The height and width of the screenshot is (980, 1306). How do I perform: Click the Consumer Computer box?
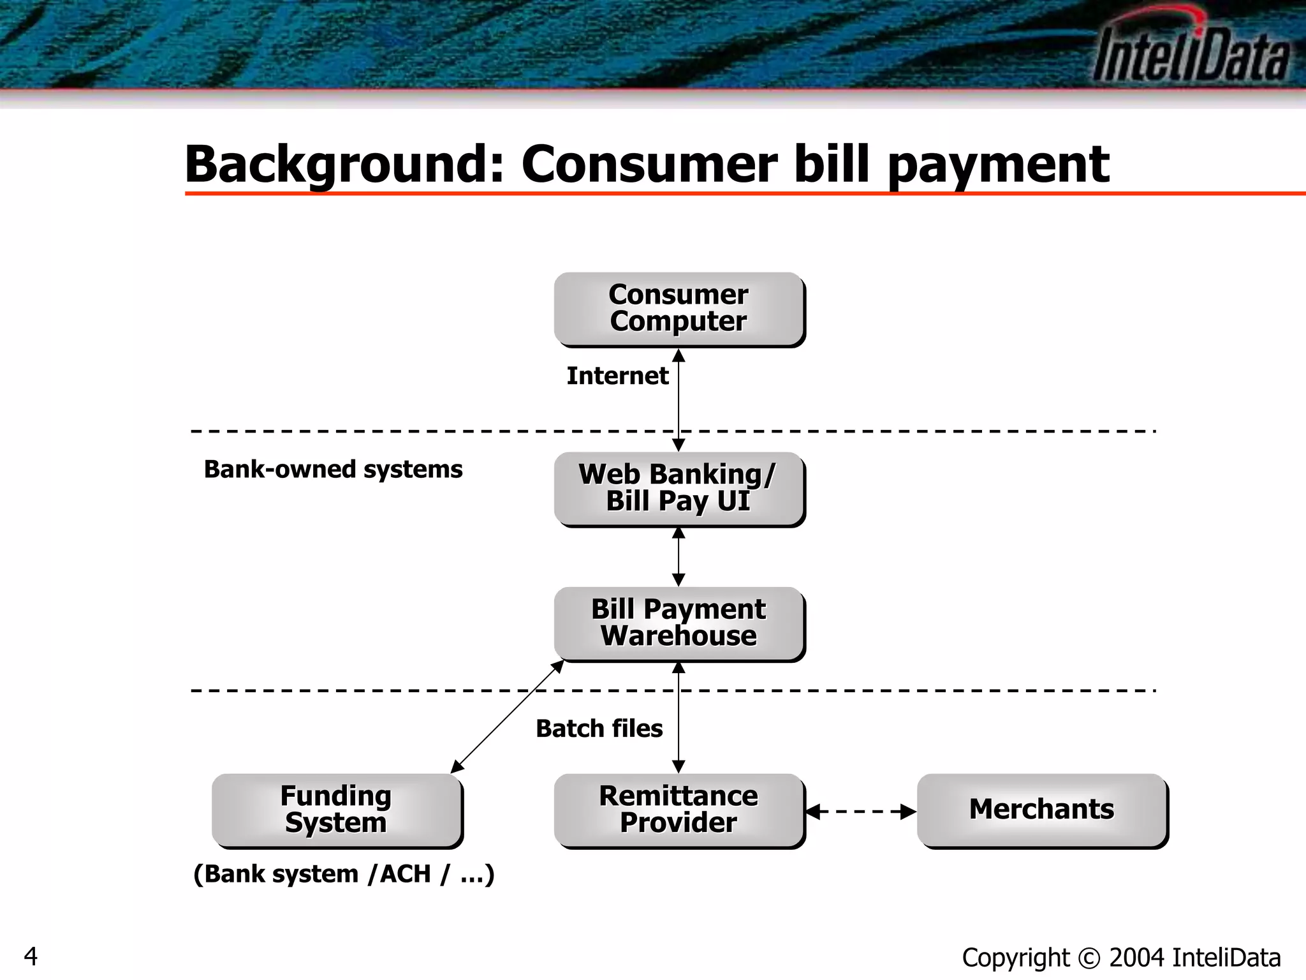pos(679,309)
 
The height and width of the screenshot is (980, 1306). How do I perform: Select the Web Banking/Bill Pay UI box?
pos(679,489)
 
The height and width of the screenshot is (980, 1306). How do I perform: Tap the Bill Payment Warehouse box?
pos(679,623)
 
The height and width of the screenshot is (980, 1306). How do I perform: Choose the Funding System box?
pos(336,810)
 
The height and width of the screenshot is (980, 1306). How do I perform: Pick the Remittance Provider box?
pos(679,810)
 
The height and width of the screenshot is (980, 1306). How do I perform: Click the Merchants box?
pos(1041,810)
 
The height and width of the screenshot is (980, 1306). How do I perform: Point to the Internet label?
pos(617,376)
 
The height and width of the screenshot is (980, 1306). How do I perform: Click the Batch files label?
pos(599,729)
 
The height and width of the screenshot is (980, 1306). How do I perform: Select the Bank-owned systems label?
pos(333,470)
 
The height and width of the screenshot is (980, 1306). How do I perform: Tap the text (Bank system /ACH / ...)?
pos(344,874)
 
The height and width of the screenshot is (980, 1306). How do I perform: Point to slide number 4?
pos(30,956)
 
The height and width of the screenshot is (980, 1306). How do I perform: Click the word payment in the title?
pos(998,165)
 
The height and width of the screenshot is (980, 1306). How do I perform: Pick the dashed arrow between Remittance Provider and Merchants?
pos(861,812)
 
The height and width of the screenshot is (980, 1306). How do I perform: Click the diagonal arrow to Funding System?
pos(508,716)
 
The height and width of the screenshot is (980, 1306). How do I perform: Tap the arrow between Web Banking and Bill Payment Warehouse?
pos(679,557)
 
